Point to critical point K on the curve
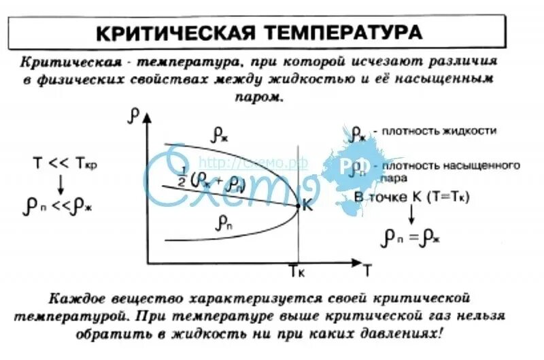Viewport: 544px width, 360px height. pos(298,206)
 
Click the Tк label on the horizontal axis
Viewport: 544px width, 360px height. pos(297,272)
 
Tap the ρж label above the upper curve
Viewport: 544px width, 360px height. pos(220,135)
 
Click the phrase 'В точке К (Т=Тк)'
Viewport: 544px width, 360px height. pos(412,197)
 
